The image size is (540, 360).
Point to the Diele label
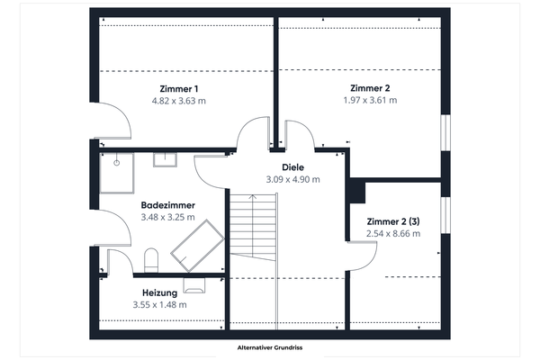(292, 167)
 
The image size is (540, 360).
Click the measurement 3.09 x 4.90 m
(292, 180)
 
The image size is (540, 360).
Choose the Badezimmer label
(168, 204)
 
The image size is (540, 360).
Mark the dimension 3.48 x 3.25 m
(168, 217)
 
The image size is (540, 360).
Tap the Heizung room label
(159, 292)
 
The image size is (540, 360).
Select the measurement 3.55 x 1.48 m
(159, 305)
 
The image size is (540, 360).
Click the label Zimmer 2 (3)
(393, 221)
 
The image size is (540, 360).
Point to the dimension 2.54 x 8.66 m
(393, 234)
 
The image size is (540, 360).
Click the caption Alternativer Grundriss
(269, 347)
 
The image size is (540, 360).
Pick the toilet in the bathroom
(151, 262)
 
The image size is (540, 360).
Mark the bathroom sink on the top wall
(165, 160)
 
